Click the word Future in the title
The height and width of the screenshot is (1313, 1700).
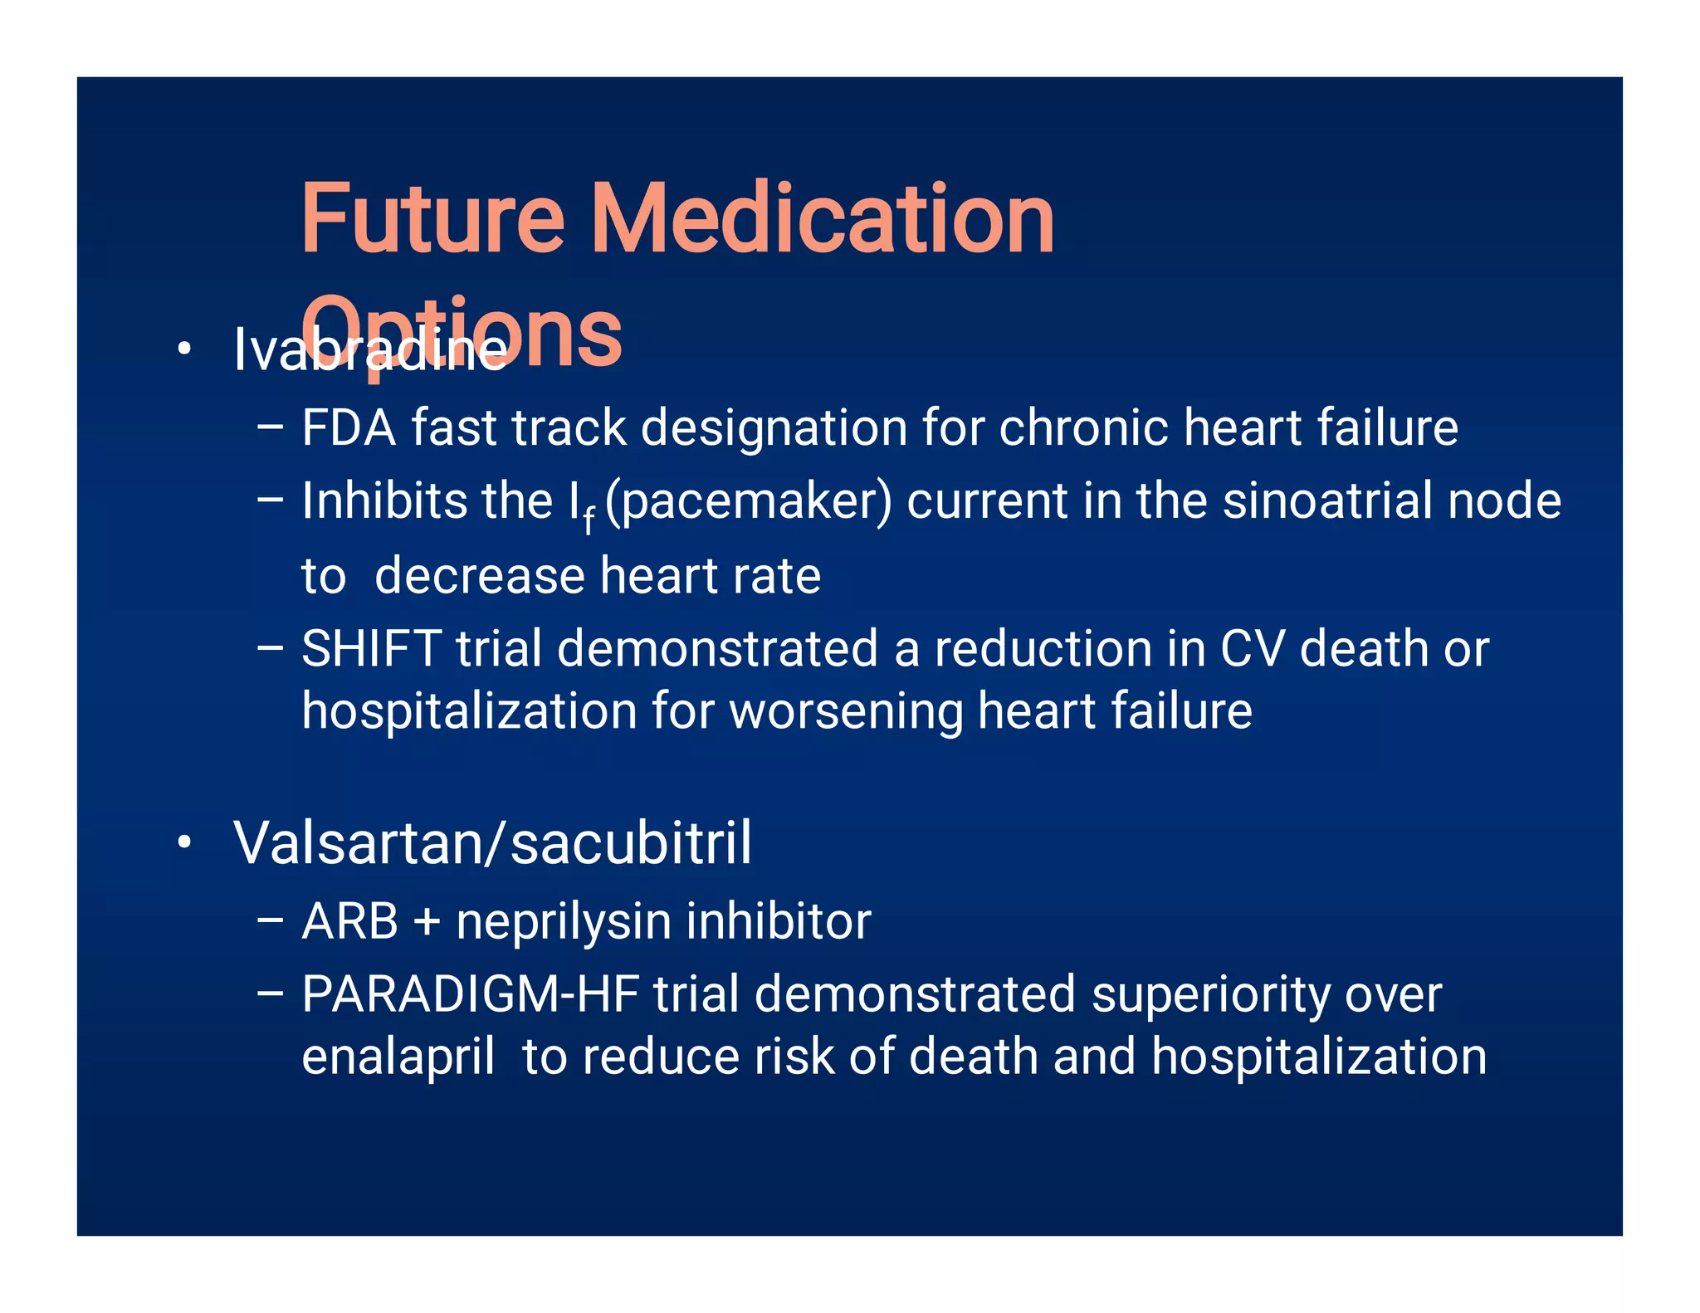point(432,219)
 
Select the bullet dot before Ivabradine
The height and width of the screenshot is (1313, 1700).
point(184,349)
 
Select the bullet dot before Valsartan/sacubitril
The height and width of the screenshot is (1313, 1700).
point(184,842)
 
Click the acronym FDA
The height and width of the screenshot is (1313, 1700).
point(349,428)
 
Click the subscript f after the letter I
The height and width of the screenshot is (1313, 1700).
point(589,520)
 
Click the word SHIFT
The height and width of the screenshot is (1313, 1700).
point(370,648)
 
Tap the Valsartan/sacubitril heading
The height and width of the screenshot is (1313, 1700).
point(492,842)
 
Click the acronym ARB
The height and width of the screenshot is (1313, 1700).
point(349,921)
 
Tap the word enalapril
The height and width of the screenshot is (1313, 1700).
point(398,1058)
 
